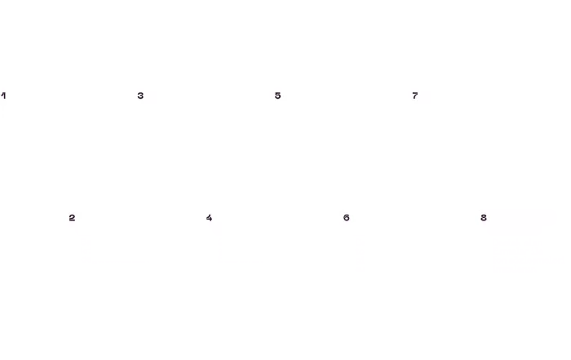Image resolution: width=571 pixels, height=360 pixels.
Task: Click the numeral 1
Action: tap(3, 96)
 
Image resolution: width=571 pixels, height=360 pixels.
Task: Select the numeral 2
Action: tap(72, 217)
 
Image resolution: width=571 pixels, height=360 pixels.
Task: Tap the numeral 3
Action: tap(140, 96)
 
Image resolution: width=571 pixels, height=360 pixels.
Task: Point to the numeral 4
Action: tap(209, 217)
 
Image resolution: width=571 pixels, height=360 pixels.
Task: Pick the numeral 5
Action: tap(277, 96)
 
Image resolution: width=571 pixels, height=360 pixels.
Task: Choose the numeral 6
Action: tap(347, 217)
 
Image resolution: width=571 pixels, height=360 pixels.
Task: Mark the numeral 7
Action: tap(414, 96)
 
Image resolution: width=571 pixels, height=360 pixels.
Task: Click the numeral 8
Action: tap(483, 217)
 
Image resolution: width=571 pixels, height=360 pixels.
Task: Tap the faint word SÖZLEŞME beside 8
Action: tap(524, 218)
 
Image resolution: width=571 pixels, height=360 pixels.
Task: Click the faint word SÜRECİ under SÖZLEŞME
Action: tap(516, 229)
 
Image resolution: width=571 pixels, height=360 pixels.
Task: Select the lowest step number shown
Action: tap(3, 96)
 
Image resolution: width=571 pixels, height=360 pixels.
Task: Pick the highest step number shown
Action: tap(483, 217)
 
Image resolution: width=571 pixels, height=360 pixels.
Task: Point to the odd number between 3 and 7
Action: tap(277, 96)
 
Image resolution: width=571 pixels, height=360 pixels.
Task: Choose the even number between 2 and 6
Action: tap(209, 217)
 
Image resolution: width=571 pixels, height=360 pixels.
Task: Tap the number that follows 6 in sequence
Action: tap(414, 96)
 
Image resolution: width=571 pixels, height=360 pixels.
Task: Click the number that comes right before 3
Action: tap(72, 217)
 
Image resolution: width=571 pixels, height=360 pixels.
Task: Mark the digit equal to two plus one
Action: tap(140, 96)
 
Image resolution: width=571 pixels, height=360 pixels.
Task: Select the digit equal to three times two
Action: tap(347, 217)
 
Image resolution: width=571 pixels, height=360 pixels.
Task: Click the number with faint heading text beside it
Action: tap(483, 217)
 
